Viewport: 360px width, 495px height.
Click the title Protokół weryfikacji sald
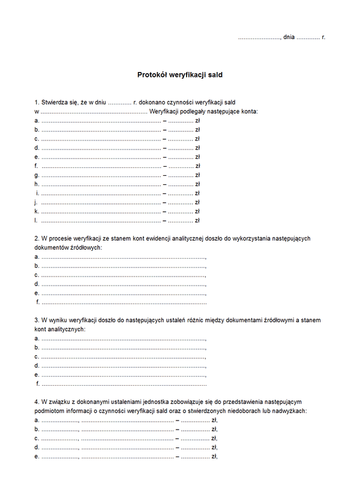[180, 76]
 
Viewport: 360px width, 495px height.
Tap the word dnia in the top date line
[289, 37]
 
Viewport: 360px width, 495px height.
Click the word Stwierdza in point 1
[55, 103]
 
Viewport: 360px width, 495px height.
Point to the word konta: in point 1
[245, 112]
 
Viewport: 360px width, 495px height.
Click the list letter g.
[37, 175]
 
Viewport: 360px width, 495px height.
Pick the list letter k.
[37, 211]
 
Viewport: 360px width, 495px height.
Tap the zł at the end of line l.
[197, 220]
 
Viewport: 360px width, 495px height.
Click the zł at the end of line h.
[197, 184]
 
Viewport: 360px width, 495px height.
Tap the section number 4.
[37, 402]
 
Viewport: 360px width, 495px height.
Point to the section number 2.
[37, 238]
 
